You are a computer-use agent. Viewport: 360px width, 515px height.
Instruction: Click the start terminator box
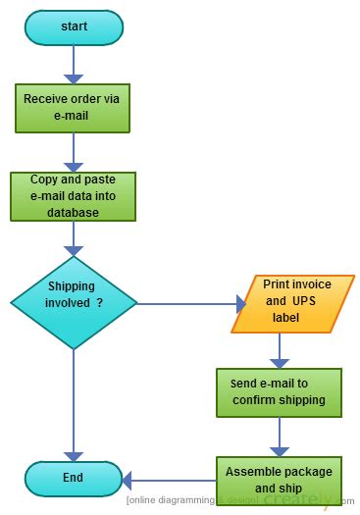click(74, 27)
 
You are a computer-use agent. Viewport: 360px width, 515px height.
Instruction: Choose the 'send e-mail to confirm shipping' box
click(280, 392)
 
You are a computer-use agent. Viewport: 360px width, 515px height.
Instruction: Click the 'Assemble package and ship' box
click(280, 479)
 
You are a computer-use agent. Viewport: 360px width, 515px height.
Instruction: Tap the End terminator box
click(74, 479)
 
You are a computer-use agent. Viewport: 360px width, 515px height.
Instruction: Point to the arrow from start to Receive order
click(74, 64)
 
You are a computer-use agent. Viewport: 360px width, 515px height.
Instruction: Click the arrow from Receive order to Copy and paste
click(74, 152)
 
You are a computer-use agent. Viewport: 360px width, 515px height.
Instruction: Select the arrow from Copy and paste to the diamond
click(74, 238)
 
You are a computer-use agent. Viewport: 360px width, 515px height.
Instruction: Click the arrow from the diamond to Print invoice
click(186, 303)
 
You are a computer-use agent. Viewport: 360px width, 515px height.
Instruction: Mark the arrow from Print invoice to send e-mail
click(281, 349)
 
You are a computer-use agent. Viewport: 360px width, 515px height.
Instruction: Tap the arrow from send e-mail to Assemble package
click(281, 436)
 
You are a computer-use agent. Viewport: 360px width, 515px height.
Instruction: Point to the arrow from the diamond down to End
click(74, 402)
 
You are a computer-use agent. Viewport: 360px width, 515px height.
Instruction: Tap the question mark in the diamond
click(100, 303)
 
